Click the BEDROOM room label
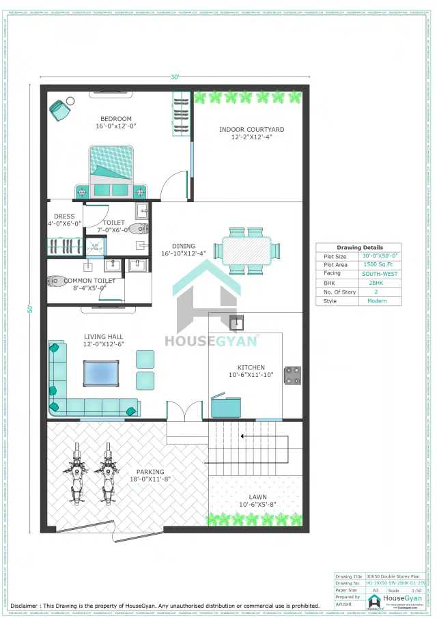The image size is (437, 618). click(x=115, y=117)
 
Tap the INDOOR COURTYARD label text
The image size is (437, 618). click(x=251, y=129)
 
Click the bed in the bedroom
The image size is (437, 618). click(x=111, y=171)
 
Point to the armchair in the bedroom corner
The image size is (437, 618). click(x=61, y=109)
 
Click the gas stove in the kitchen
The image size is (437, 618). click(x=293, y=375)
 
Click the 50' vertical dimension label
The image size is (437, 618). click(x=30, y=309)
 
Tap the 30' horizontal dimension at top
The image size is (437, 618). click(x=175, y=77)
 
